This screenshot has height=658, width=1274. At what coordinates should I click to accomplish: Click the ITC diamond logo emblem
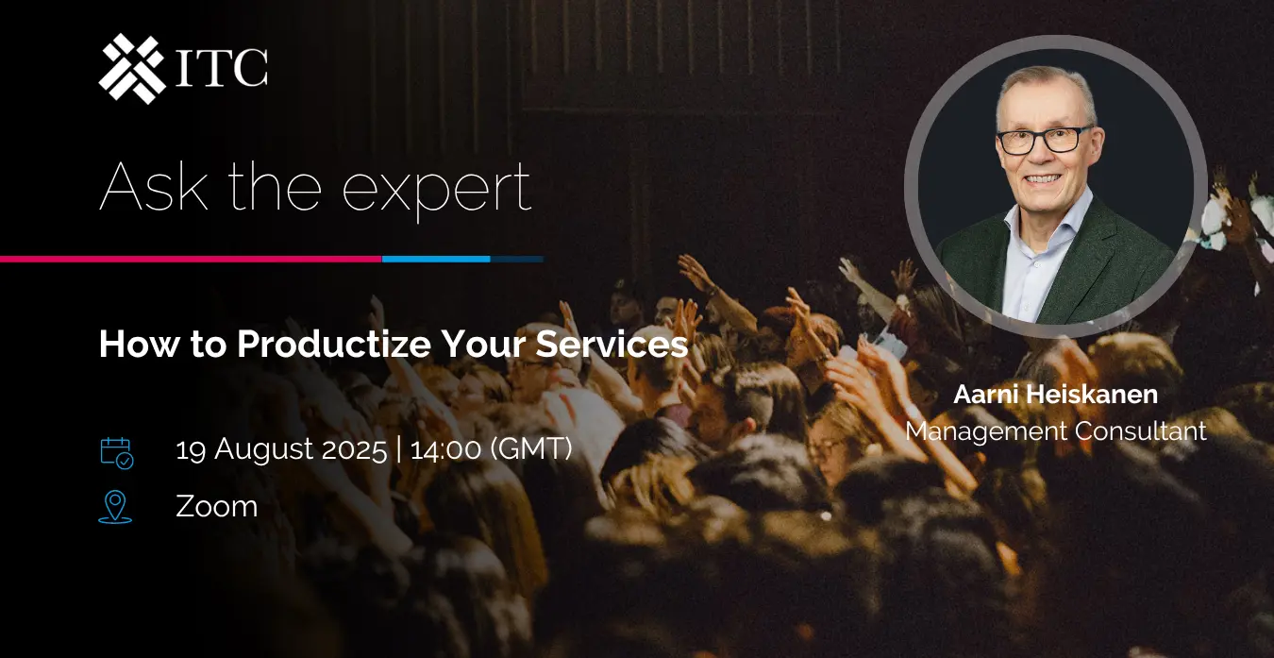(x=132, y=68)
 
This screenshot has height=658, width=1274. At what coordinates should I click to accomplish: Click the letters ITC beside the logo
(x=221, y=67)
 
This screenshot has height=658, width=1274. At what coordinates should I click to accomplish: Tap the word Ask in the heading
(x=154, y=186)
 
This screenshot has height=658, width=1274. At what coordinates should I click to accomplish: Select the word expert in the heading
(x=437, y=191)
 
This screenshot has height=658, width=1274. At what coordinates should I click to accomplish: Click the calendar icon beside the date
(x=117, y=453)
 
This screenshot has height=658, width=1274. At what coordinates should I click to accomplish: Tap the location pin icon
(x=115, y=507)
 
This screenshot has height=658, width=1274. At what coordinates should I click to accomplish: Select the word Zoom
(x=217, y=506)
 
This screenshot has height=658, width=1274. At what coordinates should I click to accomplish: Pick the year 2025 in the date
(x=354, y=449)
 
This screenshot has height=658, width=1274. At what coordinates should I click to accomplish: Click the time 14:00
(x=445, y=449)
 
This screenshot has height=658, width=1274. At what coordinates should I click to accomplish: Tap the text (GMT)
(x=531, y=448)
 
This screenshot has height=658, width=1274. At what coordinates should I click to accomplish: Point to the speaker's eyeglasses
(x=1045, y=140)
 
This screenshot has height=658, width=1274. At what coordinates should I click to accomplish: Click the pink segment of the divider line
(x=191, y=260)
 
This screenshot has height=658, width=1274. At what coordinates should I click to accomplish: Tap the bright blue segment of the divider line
(x=436, y=260)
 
